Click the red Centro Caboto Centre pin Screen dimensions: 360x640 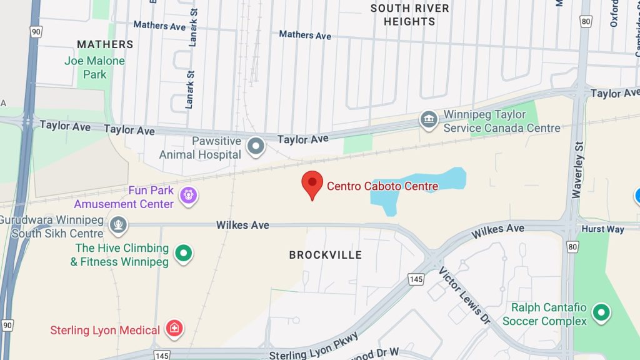312,183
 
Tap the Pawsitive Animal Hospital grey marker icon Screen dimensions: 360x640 256,147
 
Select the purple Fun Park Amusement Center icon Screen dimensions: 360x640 188,196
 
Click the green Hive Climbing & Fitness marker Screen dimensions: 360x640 183,254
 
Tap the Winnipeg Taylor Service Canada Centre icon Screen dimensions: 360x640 429,120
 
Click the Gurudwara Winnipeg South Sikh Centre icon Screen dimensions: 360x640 118,224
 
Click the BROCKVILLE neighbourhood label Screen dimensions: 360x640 326,255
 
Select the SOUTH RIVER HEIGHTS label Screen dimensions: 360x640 410,15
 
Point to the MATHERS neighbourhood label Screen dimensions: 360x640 105,44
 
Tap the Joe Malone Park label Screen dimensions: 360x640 95,67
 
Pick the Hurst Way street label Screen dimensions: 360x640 602,229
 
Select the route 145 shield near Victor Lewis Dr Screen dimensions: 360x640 417,279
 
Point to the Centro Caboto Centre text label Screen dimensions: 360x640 382,186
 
